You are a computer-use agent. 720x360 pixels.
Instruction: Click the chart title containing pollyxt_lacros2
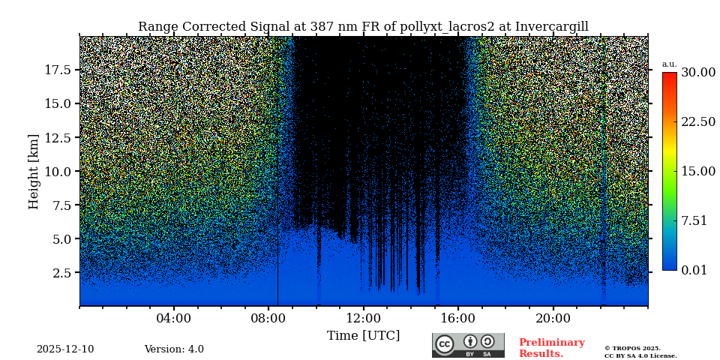coord(363,27)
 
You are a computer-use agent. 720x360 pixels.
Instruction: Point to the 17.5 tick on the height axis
coord(58,70)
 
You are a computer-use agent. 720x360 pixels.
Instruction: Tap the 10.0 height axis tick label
coord(58,171)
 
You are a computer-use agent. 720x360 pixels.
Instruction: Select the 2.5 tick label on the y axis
coord(61,273)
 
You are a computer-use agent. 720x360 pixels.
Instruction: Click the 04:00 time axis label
coord(174,318)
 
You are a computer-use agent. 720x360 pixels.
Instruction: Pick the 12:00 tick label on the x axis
coord(364,318)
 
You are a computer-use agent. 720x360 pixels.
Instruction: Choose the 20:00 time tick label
coord(553,318)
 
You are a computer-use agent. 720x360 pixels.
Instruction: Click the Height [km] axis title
coord(34,171)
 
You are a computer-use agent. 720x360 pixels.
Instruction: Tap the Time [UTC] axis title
coord(363,335)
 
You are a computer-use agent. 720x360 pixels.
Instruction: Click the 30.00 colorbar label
coord(698,73)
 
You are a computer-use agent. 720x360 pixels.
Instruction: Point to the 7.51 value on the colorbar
coord(694,220)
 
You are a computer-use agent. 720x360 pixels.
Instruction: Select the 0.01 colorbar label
coord(694,270)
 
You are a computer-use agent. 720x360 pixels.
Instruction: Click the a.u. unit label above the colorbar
coord(669,64)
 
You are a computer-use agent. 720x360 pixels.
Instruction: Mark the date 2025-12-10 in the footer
coord(65,349)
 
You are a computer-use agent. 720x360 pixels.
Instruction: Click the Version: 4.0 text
coord(174,349)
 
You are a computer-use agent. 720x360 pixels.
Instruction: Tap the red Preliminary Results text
coord(551,348)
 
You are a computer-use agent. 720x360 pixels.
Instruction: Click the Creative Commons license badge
coord(468,345)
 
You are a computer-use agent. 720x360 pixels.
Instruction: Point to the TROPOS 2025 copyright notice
coord(640,352)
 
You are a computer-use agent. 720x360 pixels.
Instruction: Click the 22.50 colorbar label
coord(698,122)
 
